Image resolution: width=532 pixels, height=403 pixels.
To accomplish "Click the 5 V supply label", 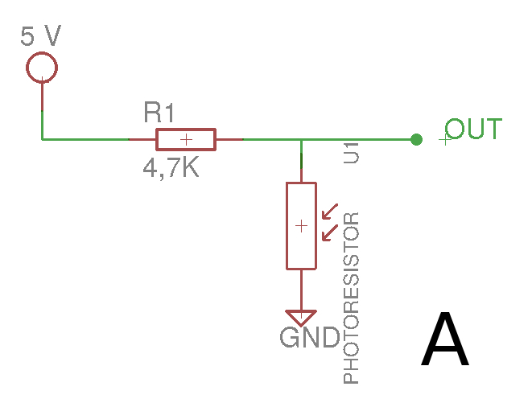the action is click(x=41, y=35).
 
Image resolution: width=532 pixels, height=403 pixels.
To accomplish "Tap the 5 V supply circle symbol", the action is click(x=42, y=53).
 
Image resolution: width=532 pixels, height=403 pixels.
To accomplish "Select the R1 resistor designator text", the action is click(x=159, y=112).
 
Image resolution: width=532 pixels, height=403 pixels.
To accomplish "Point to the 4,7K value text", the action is click(x=171, y=168).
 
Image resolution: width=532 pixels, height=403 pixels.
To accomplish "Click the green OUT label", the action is click(x=473, y=129).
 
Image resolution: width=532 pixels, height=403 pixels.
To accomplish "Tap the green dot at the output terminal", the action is click(x=416, y=139).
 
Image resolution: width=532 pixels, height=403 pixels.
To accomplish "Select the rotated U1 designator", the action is click(x=351, y=153).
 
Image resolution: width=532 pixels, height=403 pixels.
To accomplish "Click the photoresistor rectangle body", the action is click(x=287, y=226).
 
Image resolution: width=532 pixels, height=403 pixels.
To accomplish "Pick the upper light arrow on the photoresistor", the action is click(x=330, y=212).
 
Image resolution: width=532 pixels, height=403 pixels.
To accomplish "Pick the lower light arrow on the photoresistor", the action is click(x=330, y=232).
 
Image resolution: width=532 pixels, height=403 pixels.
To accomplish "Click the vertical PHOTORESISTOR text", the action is click(x=351, y=298).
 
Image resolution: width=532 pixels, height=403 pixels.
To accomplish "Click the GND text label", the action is click(x=310, y=338).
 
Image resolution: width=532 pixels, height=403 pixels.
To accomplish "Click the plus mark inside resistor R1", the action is click(x=186, y=139).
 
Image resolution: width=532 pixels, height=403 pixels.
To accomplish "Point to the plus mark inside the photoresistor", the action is click(x=301, y=226).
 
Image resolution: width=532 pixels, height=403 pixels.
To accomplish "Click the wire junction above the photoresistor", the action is click(x=301, y=139).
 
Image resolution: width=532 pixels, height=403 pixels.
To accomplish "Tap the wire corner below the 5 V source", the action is click(x=42, y=139).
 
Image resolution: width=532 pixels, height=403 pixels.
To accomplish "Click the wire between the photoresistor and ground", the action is click(x=301, y=290).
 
